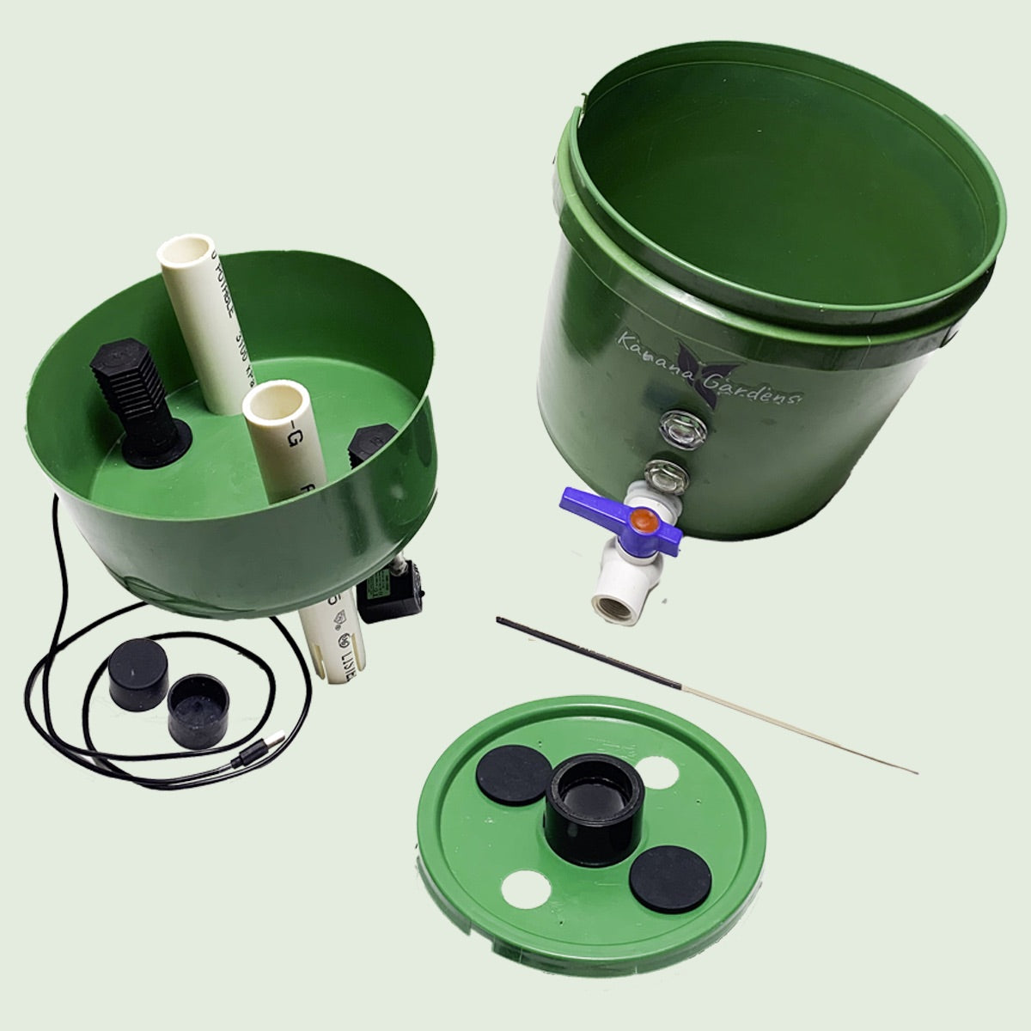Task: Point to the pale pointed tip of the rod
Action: click(914, 771)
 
